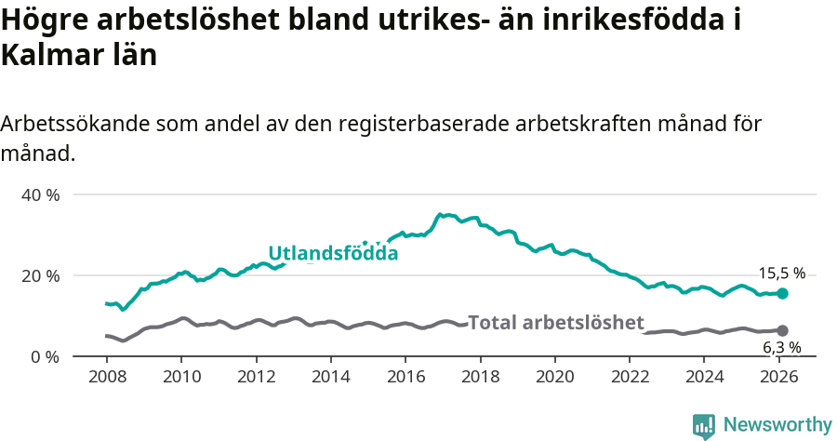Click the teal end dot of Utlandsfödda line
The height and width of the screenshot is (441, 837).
782,293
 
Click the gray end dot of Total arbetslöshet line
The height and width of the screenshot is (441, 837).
782,330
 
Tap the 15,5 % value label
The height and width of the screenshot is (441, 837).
782,274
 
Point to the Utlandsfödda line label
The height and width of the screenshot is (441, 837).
333,253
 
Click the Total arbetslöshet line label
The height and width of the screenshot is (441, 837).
555,323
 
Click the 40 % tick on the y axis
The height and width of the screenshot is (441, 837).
40,195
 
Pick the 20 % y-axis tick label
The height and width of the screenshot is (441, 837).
40,276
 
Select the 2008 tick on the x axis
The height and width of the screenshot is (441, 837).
107,378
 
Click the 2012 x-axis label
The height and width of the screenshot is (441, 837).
256,378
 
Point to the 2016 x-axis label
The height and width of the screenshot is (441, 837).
405,378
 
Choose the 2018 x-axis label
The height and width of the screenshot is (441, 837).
480,378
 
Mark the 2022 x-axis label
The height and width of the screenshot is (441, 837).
629,378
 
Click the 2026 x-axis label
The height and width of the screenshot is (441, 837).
778,378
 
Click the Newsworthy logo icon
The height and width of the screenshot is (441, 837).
704,426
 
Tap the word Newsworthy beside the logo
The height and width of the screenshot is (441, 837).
777,425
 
